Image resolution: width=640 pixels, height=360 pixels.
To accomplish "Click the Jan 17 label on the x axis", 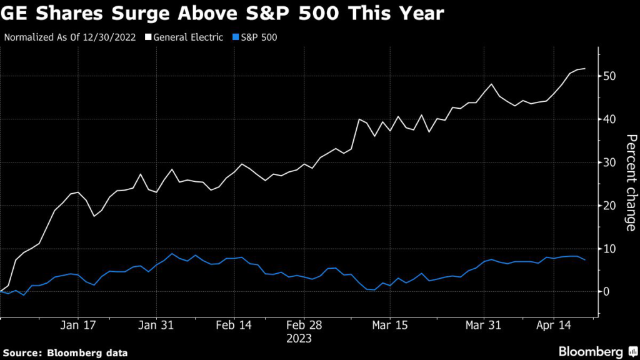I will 78,326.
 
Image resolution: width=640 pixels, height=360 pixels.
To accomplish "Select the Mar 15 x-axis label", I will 389,326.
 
